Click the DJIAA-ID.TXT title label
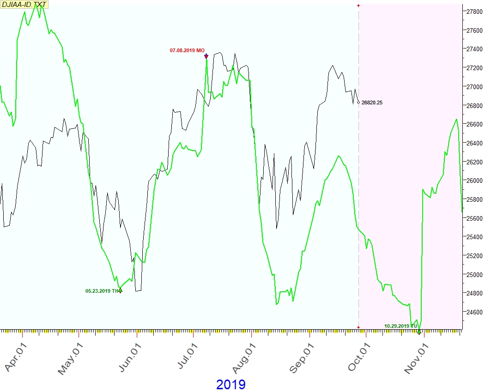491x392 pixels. [x=24, y=5]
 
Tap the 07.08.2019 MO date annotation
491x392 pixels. [x=187, y=50]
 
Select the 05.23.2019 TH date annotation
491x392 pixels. [x=102, y=291]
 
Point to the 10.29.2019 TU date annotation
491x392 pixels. [x=400, y=326]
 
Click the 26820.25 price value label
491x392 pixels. [x=372, y=103]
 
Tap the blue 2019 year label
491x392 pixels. [x=230, y=384]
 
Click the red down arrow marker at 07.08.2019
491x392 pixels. [x=206, y=56]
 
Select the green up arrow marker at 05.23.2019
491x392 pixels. [x=121, y=289]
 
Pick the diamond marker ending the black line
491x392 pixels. [x=358, y=103]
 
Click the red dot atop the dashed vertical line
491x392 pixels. [x=358, y=5]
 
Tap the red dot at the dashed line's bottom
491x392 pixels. [x=358, y=327]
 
